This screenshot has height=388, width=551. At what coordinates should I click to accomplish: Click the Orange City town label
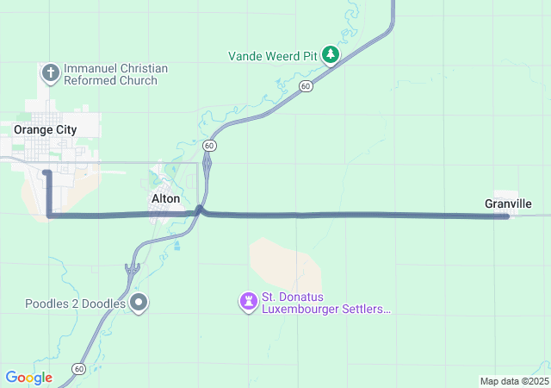(x=45, y=129)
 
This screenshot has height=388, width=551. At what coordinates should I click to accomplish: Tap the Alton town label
(x=165, y=198)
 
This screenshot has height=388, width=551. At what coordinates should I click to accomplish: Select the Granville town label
(x=508, y=203)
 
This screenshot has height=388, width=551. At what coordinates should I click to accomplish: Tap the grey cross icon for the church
(x=50, y=72)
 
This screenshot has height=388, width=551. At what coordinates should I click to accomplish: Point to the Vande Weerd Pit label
(x=273, y=56)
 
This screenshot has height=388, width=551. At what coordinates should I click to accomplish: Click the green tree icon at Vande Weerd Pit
(x=331, y=55)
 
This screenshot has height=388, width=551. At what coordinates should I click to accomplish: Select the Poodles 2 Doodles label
(x=76, y=304)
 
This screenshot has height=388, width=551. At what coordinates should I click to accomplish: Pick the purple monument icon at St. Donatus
(x=249, y=301)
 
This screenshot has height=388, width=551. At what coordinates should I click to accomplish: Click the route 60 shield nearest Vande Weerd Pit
(x=306, y=86)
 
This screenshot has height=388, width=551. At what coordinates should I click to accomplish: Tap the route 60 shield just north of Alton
(x=210, y=146)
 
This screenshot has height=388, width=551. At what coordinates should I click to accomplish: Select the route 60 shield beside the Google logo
(x=78, y=369)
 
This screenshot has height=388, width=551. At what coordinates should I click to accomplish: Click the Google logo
(x=28, y=378)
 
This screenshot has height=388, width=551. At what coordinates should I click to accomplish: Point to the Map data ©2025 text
(x=513, y=381)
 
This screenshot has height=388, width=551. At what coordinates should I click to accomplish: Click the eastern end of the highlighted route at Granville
(x=506, y=216)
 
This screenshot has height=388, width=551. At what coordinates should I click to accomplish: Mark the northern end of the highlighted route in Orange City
(x=47, y=172)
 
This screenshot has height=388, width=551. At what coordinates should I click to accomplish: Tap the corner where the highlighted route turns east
(x=48, y=215)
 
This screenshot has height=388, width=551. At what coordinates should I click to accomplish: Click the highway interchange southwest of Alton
(x=132, y=271)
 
